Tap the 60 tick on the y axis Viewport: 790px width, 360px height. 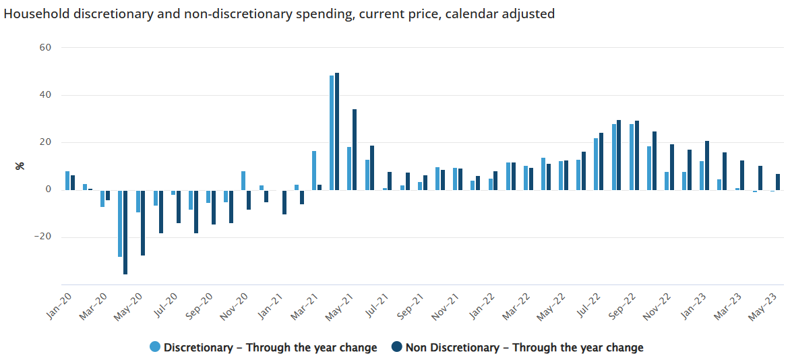pyautogui.click(x=46, y=48)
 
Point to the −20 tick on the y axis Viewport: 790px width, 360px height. pyautogui.click(x=42, y=237)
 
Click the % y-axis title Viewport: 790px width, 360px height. pyautogui.click(x=20, y=166)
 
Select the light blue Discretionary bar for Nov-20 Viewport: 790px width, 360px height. pyautogui.click(x=243, y=181)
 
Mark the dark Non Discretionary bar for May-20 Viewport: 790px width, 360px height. pyautogui.click(x=143, y=222)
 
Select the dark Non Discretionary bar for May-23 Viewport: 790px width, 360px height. pyautogui.click(x=777, y=182)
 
